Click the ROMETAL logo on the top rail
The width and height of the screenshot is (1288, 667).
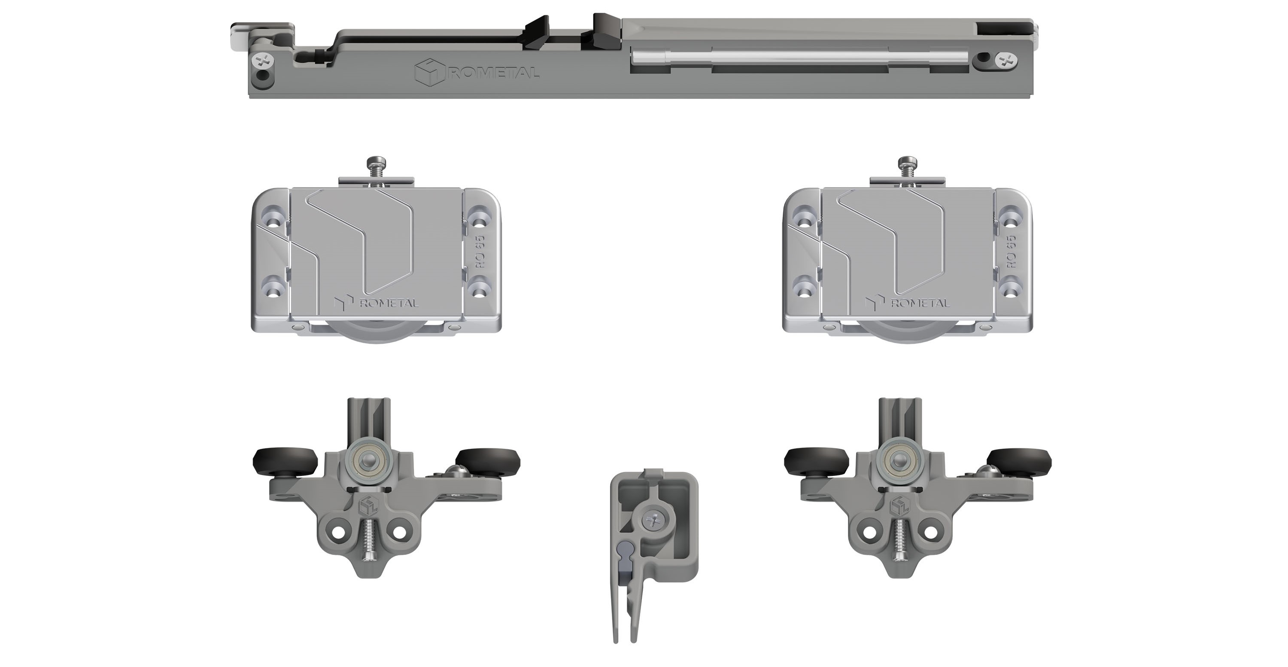click(x=477, y=73)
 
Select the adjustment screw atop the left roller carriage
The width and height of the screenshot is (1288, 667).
click(x=376, y=168)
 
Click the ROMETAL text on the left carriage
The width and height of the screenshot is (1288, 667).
click(x=389, y=303)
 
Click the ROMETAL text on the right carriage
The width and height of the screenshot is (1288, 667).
click(x=920, y=303)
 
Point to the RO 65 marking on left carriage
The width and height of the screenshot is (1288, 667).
click(x=480, y=252)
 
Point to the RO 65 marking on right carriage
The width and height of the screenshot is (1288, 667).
click(x=1011, y=252)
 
